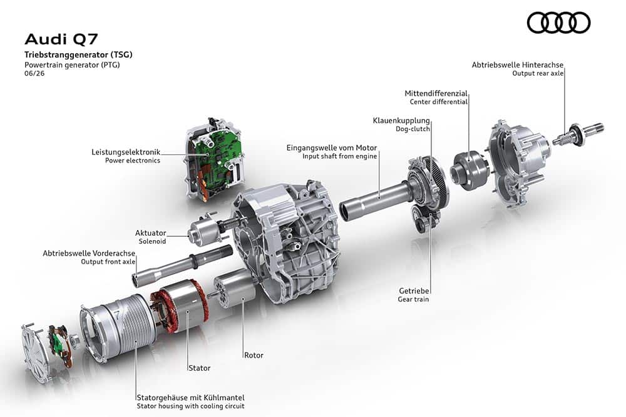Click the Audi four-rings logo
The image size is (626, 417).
[x=558, y=23]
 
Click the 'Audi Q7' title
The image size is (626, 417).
[x=61, y=39]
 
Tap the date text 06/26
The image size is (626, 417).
[x=34, y=73]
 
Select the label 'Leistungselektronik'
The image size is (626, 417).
[x=126, y=152]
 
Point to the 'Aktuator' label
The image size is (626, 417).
[x=150, y=233]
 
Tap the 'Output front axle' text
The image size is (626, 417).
[x=108, y=262]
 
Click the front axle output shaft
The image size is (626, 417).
[x=182, y=264]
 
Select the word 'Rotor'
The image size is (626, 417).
[x=254, y=355]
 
